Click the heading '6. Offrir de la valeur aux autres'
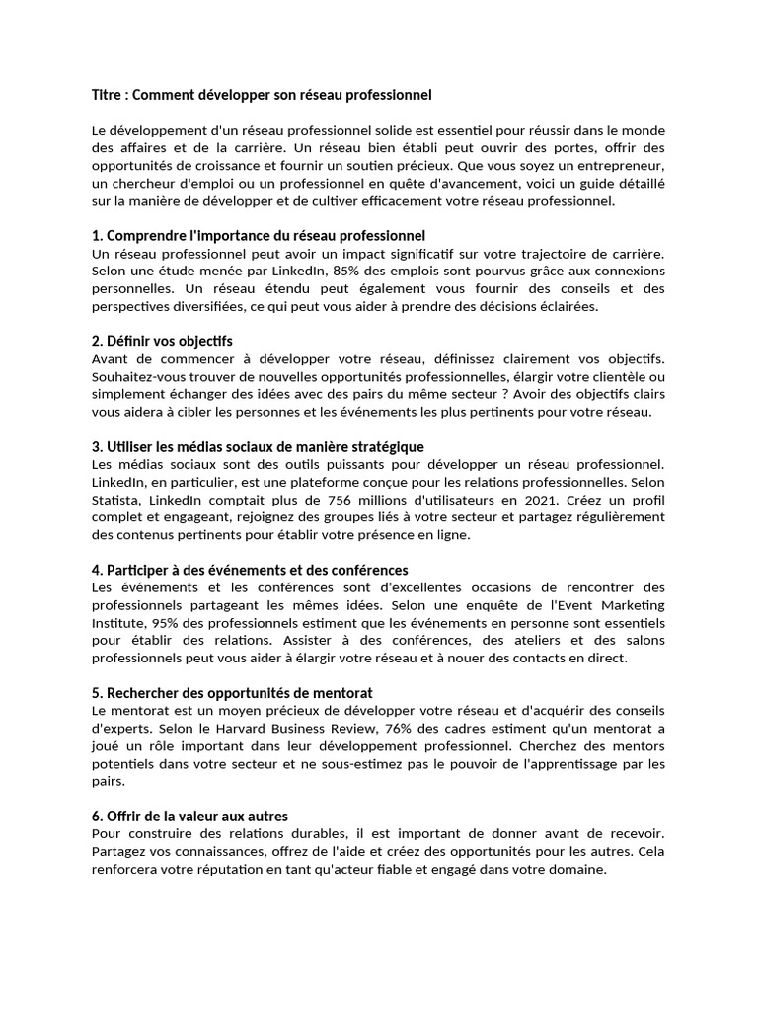189,817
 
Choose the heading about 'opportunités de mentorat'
232,693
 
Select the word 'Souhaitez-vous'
139,377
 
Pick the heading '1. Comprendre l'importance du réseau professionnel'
258,236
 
